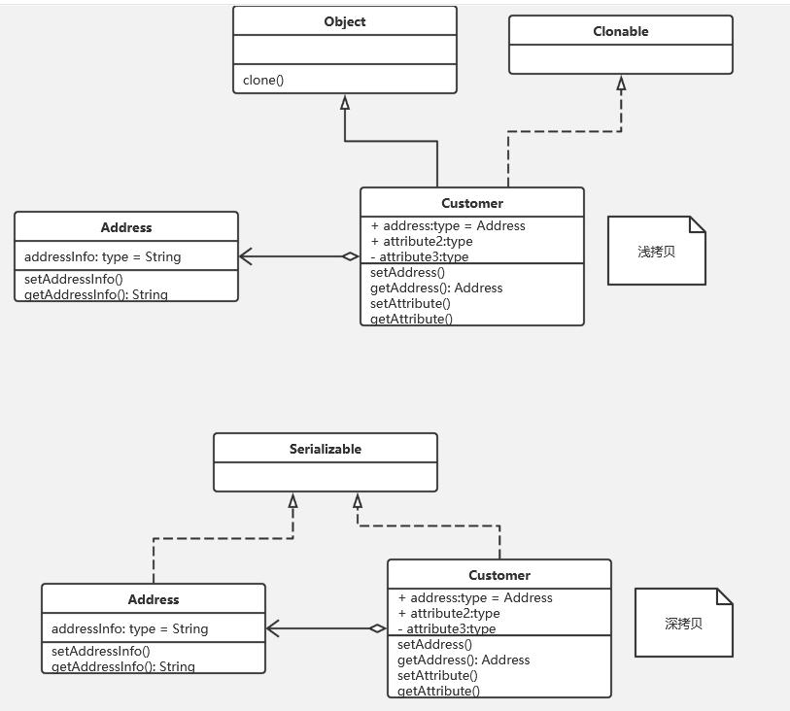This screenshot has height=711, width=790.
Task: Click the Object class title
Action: click(344, 21)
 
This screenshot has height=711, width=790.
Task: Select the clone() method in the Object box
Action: click(263, 80)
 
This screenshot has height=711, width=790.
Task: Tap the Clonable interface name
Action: click(620, 31)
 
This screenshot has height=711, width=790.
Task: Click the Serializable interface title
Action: click(325, 449)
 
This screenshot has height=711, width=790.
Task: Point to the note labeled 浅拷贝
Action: click(656, 251)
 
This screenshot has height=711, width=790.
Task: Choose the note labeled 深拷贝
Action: click(683, 623)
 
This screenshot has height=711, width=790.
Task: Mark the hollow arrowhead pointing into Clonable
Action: click(621, 84)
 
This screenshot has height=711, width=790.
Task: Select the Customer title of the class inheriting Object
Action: click(471, 203)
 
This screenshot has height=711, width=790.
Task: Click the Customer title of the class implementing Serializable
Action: click(498, 575)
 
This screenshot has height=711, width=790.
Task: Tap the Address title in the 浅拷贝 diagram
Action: click(125, 227)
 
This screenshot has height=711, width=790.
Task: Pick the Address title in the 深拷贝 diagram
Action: click(153, 599)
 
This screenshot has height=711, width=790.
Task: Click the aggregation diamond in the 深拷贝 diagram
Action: click(377, 628)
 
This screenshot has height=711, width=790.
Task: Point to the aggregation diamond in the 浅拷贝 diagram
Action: click(350, 256)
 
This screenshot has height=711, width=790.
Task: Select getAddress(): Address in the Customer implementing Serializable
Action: click(464, 660)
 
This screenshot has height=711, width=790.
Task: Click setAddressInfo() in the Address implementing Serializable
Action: click(101, 651)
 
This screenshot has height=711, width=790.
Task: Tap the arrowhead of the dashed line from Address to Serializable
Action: click(292, 501)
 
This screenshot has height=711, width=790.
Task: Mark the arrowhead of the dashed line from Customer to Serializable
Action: click(358, 501)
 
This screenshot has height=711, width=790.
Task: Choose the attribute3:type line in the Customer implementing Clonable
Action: click(424, 256)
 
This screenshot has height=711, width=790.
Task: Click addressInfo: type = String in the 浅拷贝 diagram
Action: click(102, 256)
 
